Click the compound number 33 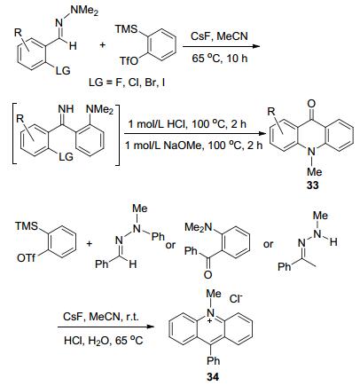point(312,185)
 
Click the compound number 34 point(213,377)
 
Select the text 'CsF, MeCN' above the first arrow point(219,36)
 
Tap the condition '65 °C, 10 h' point(219,58)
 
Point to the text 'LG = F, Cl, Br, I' point(127,83)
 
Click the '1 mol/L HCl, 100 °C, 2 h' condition point(187,123)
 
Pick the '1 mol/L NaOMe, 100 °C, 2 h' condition point(194,146)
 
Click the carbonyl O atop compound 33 point(311,104)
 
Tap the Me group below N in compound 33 point(314,171)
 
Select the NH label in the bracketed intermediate point(66,108)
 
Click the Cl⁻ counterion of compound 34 point(236,299)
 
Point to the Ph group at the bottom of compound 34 point(213,360)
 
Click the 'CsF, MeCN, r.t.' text point(101,317)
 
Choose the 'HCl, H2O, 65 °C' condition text point(103,341)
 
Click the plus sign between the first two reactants point(103,45)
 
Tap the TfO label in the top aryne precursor point(129,61)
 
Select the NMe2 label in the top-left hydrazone point(84,11)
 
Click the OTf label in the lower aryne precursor point(26,258)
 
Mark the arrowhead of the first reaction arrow point(256,46)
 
